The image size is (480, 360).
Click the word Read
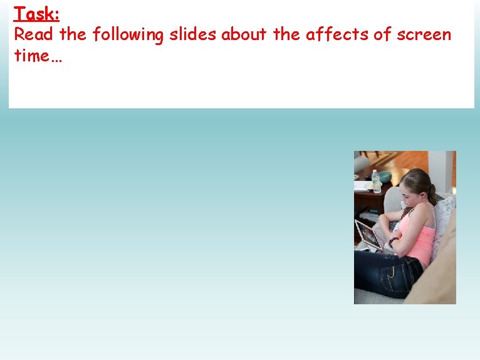coord(34,34)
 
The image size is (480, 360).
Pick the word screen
coord(424,34)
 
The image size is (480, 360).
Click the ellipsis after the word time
coord(57,58)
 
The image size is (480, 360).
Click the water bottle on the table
coord(376,181)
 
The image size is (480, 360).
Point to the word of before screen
coord(382,34)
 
